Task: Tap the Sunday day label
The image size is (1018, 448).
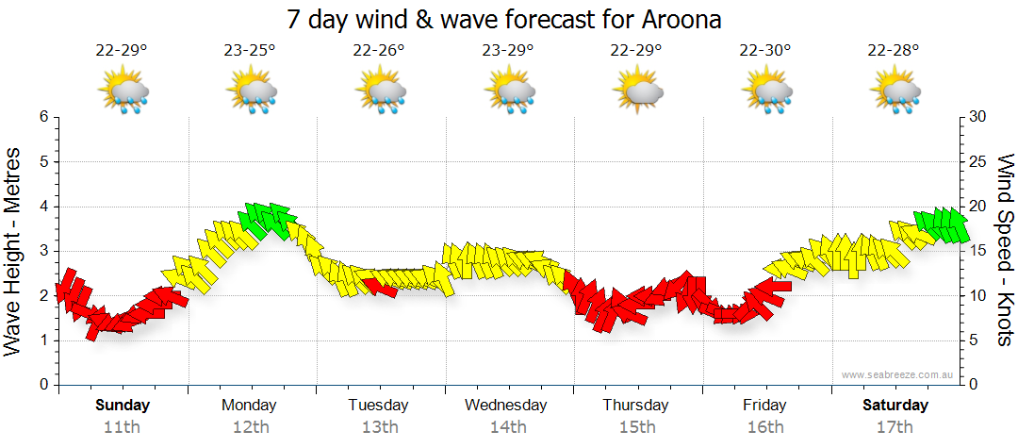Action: coord(123,406)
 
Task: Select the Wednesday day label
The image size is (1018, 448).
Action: coord(506,406)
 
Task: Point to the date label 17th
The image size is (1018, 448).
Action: coord(894,427)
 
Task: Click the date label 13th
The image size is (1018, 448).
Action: coord(379,427)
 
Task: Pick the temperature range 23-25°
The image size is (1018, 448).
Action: coord(250,51)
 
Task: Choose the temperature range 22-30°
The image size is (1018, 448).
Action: coord(764,51)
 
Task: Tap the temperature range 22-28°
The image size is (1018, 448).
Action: coord(894,51)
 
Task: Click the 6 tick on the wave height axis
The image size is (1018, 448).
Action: coord(43,117)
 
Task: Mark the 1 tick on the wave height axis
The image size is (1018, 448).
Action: coord(43,340)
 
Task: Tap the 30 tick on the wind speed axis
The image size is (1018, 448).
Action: coord(978,117)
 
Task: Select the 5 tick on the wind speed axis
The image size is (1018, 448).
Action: coord(975,340)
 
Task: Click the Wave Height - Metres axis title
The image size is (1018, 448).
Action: coord(15,251)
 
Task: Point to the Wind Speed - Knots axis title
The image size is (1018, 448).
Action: coord(1005,251)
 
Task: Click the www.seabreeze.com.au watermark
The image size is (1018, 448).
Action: coord(898,374)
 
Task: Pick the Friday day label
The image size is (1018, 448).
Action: coord(764,406)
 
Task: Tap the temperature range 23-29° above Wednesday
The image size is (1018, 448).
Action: coord(507,51)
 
